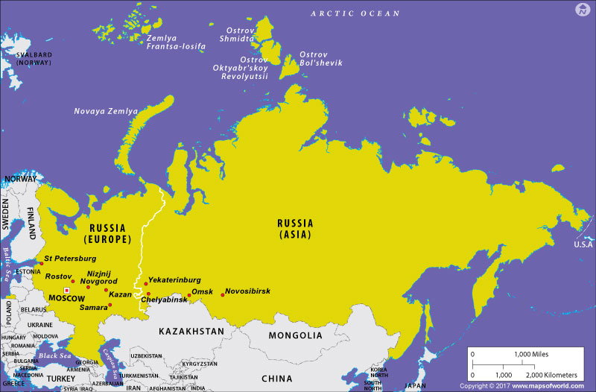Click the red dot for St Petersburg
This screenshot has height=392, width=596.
click(x=41, y=263)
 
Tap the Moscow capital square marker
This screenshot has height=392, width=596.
click(x=66, y=290)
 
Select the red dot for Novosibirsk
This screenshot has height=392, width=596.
click(x=222, y=296)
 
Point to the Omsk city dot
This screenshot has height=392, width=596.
click(x=188, y=296)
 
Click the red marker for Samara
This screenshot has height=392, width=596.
click(x=110, y=305)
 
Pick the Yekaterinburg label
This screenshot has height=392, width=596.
click(x=174, y=280)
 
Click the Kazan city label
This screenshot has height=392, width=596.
click(x=120, y=295)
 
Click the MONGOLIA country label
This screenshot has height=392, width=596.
click(x=295, y=335)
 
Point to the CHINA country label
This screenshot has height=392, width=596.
click(x=277, y=378)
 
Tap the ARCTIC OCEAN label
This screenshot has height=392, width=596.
click(x=355, y=13)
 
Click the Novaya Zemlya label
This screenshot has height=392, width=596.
click(x=105, y=111)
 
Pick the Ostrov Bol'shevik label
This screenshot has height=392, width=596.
click(x=320, y=59)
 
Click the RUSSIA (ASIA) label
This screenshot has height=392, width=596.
click(x=295, y=228)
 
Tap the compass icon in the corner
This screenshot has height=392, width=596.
click(x=582, y=10)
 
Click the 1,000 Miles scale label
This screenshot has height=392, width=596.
click(x=529, y=355)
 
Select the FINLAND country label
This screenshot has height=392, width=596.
click(x=31, y=221)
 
